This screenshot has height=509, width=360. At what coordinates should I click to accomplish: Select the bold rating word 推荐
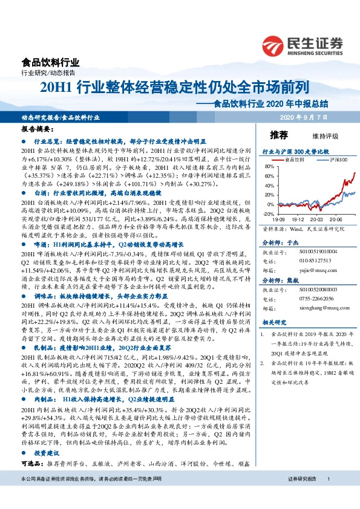pyautogui.click(x=279, y=134)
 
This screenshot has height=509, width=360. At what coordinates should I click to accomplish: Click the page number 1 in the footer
pyautogui.click(x=328, y=496)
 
